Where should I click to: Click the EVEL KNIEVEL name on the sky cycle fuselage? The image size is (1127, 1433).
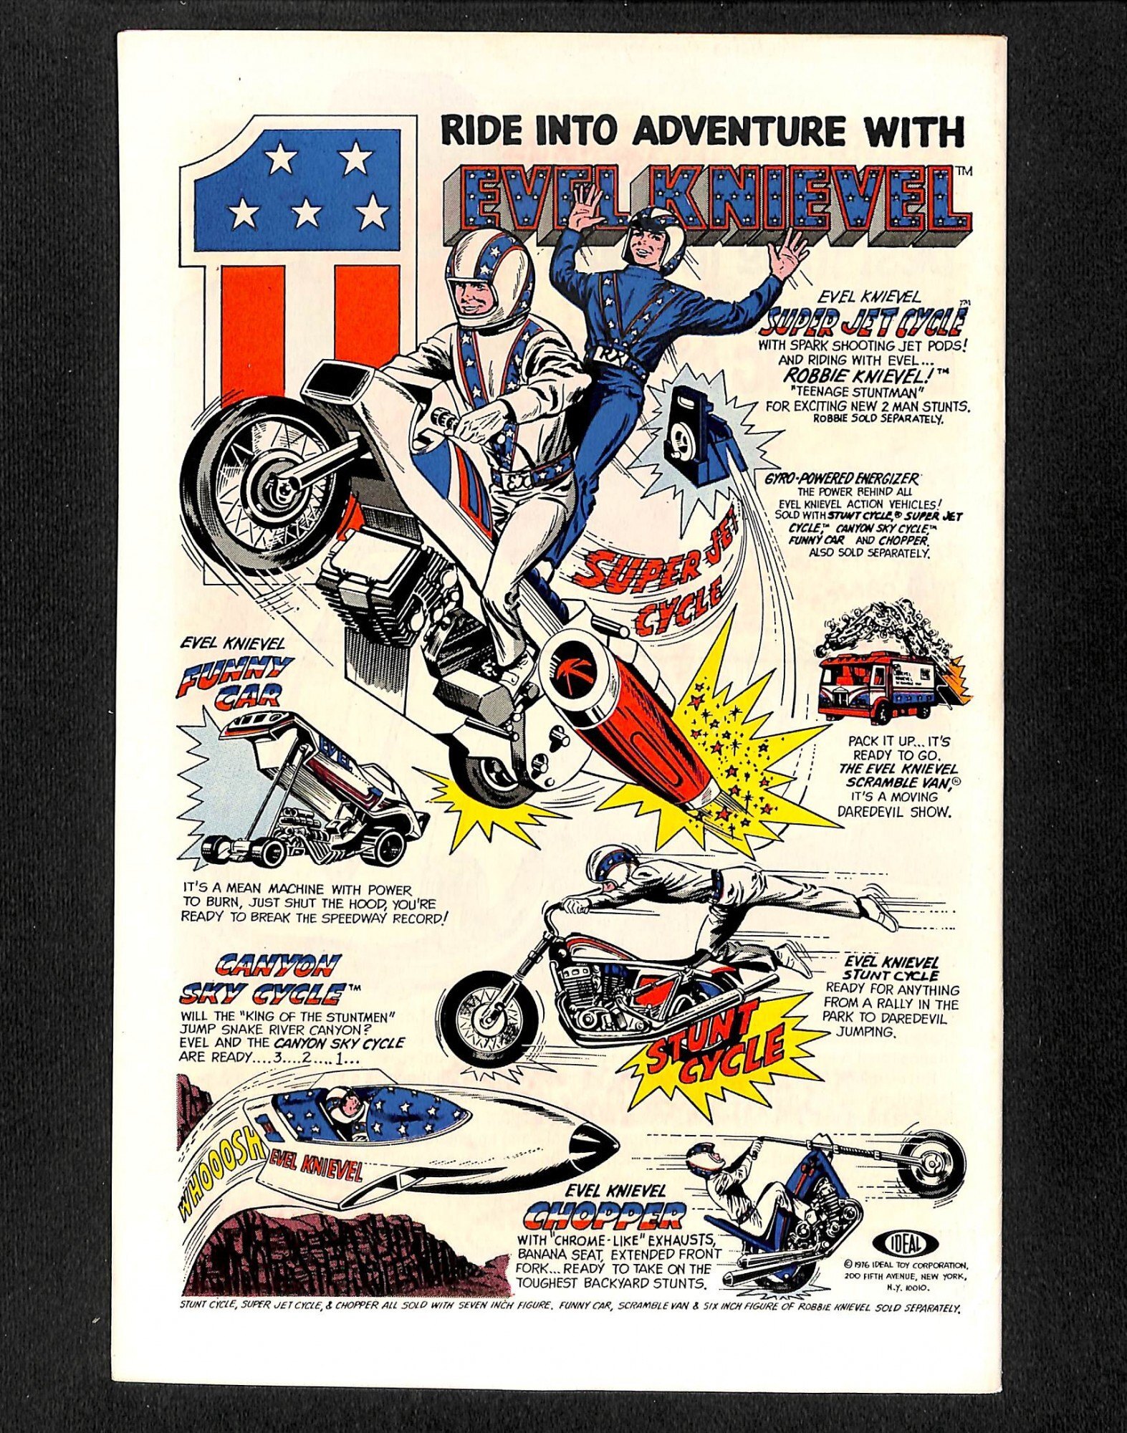[315, 1171]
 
